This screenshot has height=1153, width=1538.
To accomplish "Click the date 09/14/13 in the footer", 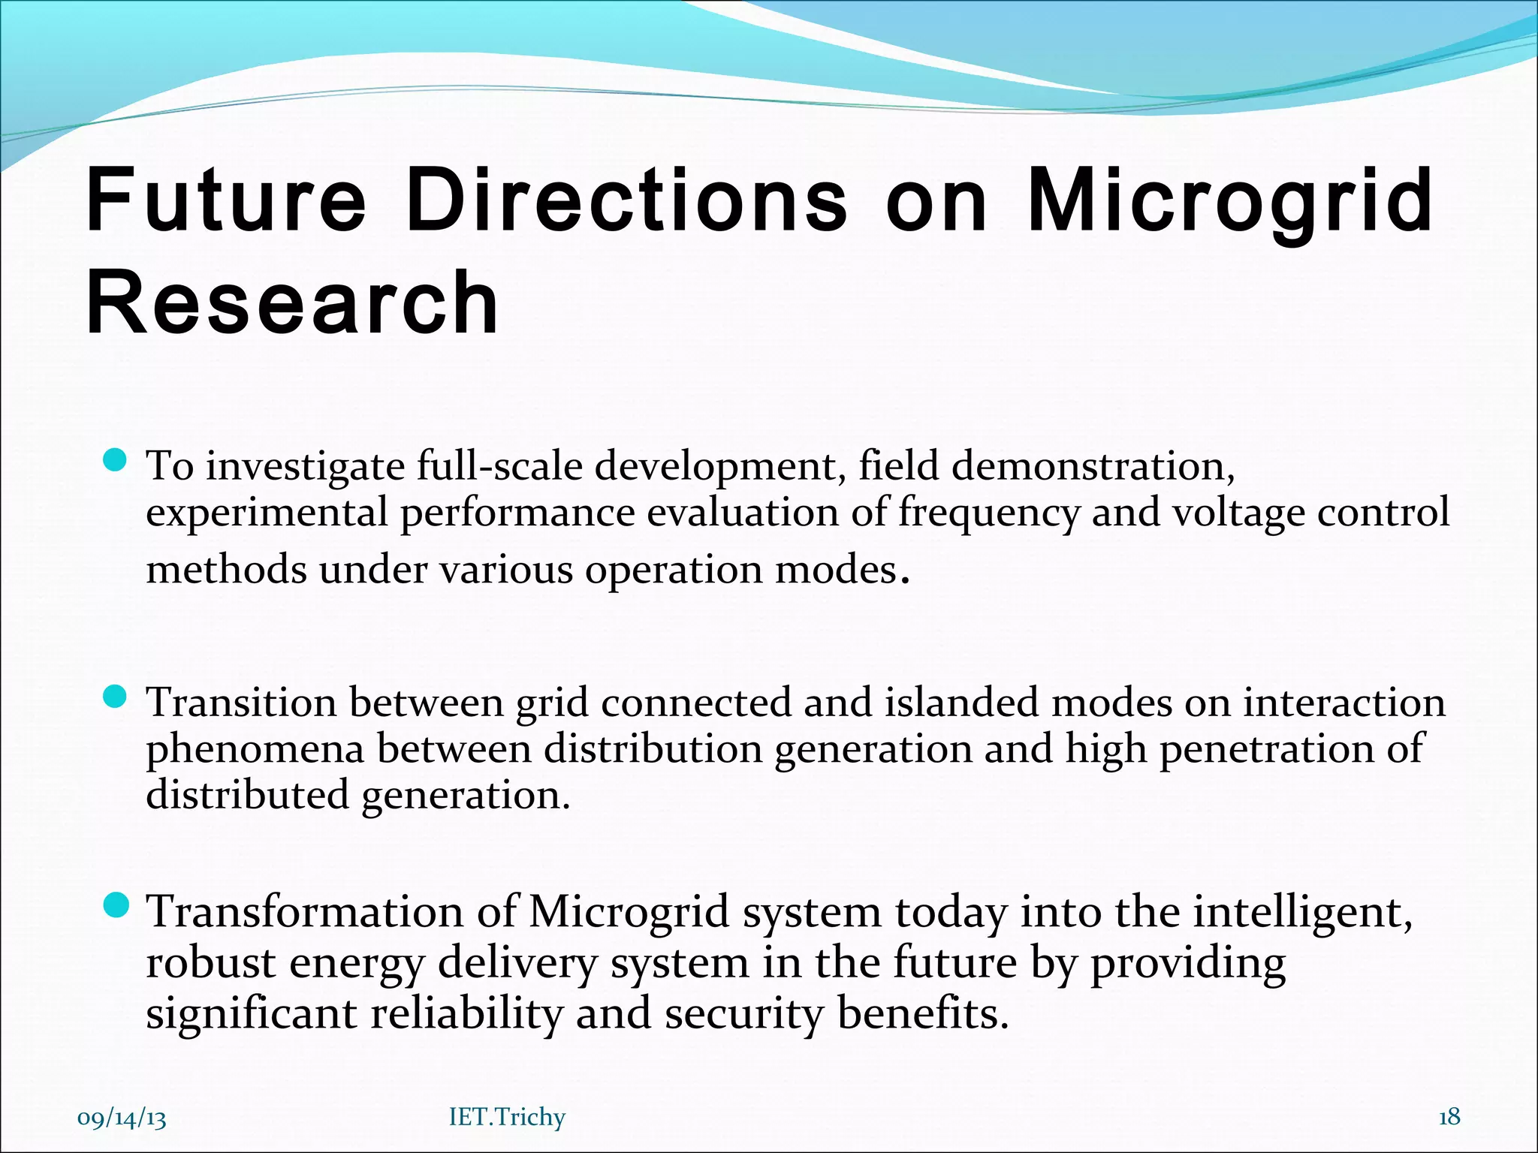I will tap(122, 1118).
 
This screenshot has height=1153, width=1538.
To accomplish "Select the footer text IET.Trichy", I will tap(507, 1117).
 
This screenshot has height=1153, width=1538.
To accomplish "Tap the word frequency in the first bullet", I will tap(989, 514).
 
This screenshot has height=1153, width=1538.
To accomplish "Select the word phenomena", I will tap(255, 750).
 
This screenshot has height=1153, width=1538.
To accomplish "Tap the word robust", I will tap(210, 963).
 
